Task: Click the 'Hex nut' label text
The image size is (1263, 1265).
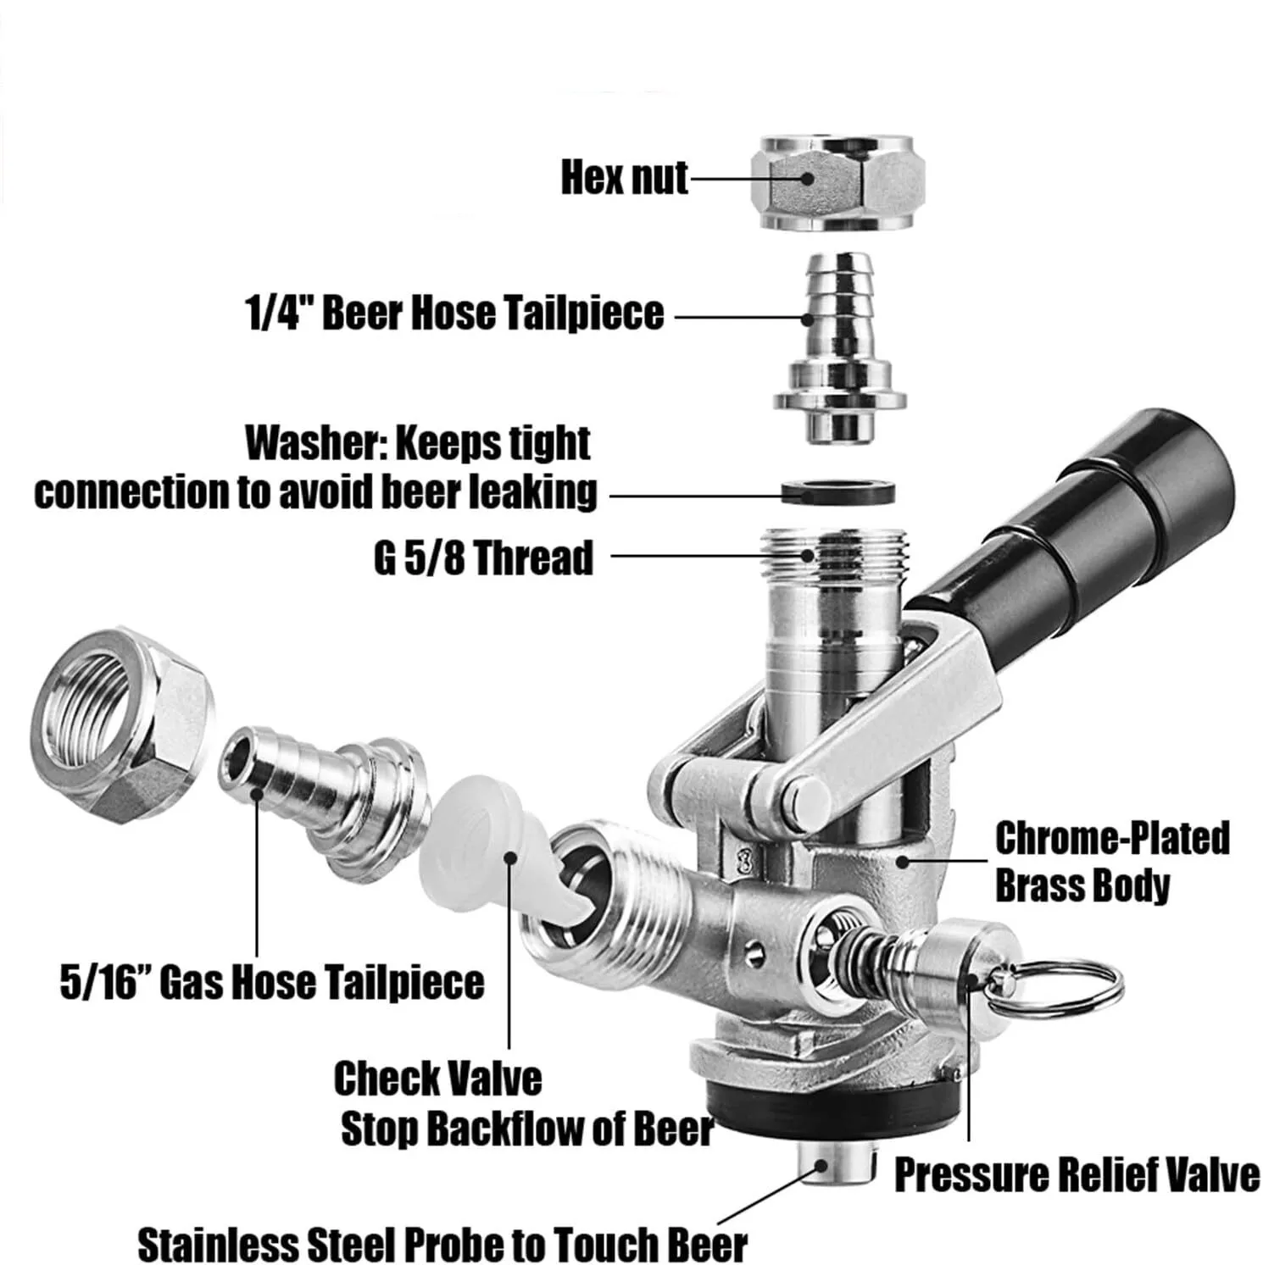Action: click(624, 179)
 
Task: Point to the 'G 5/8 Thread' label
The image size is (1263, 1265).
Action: click(483, 558)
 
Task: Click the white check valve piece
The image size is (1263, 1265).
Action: click(492, 856)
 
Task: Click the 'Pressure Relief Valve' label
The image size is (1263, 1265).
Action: click(1077, 1176)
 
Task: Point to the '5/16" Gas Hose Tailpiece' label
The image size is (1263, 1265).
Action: click(272, 983)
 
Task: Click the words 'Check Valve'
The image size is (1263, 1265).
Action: click(437, 1079)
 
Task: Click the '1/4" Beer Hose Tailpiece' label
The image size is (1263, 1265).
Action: click(454, 313)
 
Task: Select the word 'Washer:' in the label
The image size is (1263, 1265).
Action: click(314, 443)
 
